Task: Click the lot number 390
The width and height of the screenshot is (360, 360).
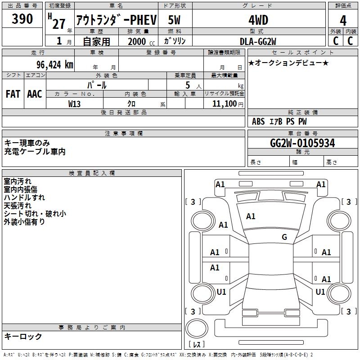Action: click(22, 19)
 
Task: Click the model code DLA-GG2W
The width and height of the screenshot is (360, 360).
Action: click(258, 41)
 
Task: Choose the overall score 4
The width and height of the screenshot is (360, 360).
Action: click(343, 20)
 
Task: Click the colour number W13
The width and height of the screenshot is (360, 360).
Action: click(75, 103)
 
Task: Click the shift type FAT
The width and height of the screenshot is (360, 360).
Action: click(13, 94)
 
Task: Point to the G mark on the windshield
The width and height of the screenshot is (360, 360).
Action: click(284, 237)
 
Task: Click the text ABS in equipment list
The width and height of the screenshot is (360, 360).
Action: click(258, 121)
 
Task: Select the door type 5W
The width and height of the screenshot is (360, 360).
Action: click(175, 20)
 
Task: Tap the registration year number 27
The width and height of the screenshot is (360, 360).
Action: click(59, 24)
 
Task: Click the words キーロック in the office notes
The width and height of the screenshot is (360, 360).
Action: click(23, 336)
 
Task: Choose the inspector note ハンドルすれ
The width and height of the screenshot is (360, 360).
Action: click(24, 198)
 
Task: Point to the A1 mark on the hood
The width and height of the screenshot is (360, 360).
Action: click(251, 216)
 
